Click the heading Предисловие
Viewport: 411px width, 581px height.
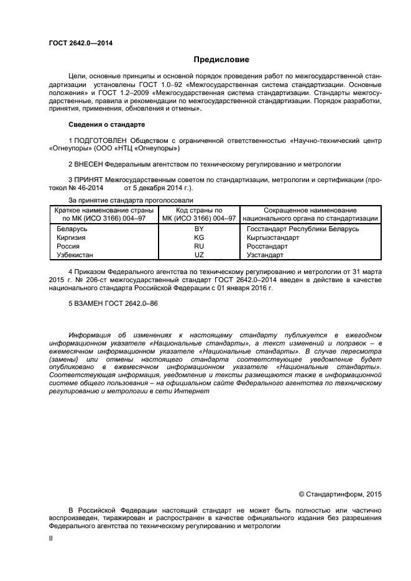pos(221,60)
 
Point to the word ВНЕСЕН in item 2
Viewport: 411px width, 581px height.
pos(87,165)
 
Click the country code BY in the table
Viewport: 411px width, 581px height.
pos(199,229)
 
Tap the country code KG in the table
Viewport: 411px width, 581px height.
pos(199,238)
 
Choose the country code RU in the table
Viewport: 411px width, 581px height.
pos(199,246)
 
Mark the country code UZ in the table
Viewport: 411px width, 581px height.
pos(199,255)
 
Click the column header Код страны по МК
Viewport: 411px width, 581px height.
pos(199,211)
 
